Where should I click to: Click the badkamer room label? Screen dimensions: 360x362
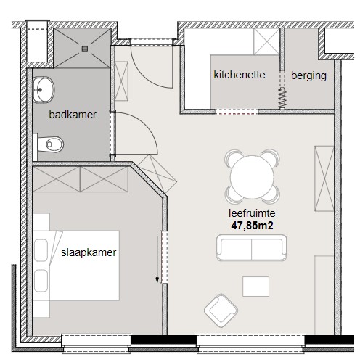tap(73, 115)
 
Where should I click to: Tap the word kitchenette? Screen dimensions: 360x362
tap(239, 75)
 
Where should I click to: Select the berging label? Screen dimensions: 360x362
tap(308, 76)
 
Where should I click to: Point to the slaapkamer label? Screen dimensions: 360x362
tap(89, 252)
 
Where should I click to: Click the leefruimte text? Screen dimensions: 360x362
tap(252, 213)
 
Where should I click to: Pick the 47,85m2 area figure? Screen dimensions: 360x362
tap(252, 226)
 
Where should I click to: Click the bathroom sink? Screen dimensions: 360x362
tap(44, 90)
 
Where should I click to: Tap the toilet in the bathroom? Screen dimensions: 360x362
tap(50, 144)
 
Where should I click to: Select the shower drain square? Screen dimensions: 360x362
tap(85, 49)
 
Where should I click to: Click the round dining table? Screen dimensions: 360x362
tap(252, 177)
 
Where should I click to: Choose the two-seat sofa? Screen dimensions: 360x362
tap(251, 247)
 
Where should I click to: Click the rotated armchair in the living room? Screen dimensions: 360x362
tap(221, 310)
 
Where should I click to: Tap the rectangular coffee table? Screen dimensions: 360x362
tap(255, 287)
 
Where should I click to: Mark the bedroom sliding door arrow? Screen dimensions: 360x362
tap(157, 260)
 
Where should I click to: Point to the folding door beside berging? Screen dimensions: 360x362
tap(282, 99)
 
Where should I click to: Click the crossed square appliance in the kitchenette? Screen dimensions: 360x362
tap(266, 41)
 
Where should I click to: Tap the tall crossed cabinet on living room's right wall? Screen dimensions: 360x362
tap(324, 178)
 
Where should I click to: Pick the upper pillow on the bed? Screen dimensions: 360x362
tap(41, 250)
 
